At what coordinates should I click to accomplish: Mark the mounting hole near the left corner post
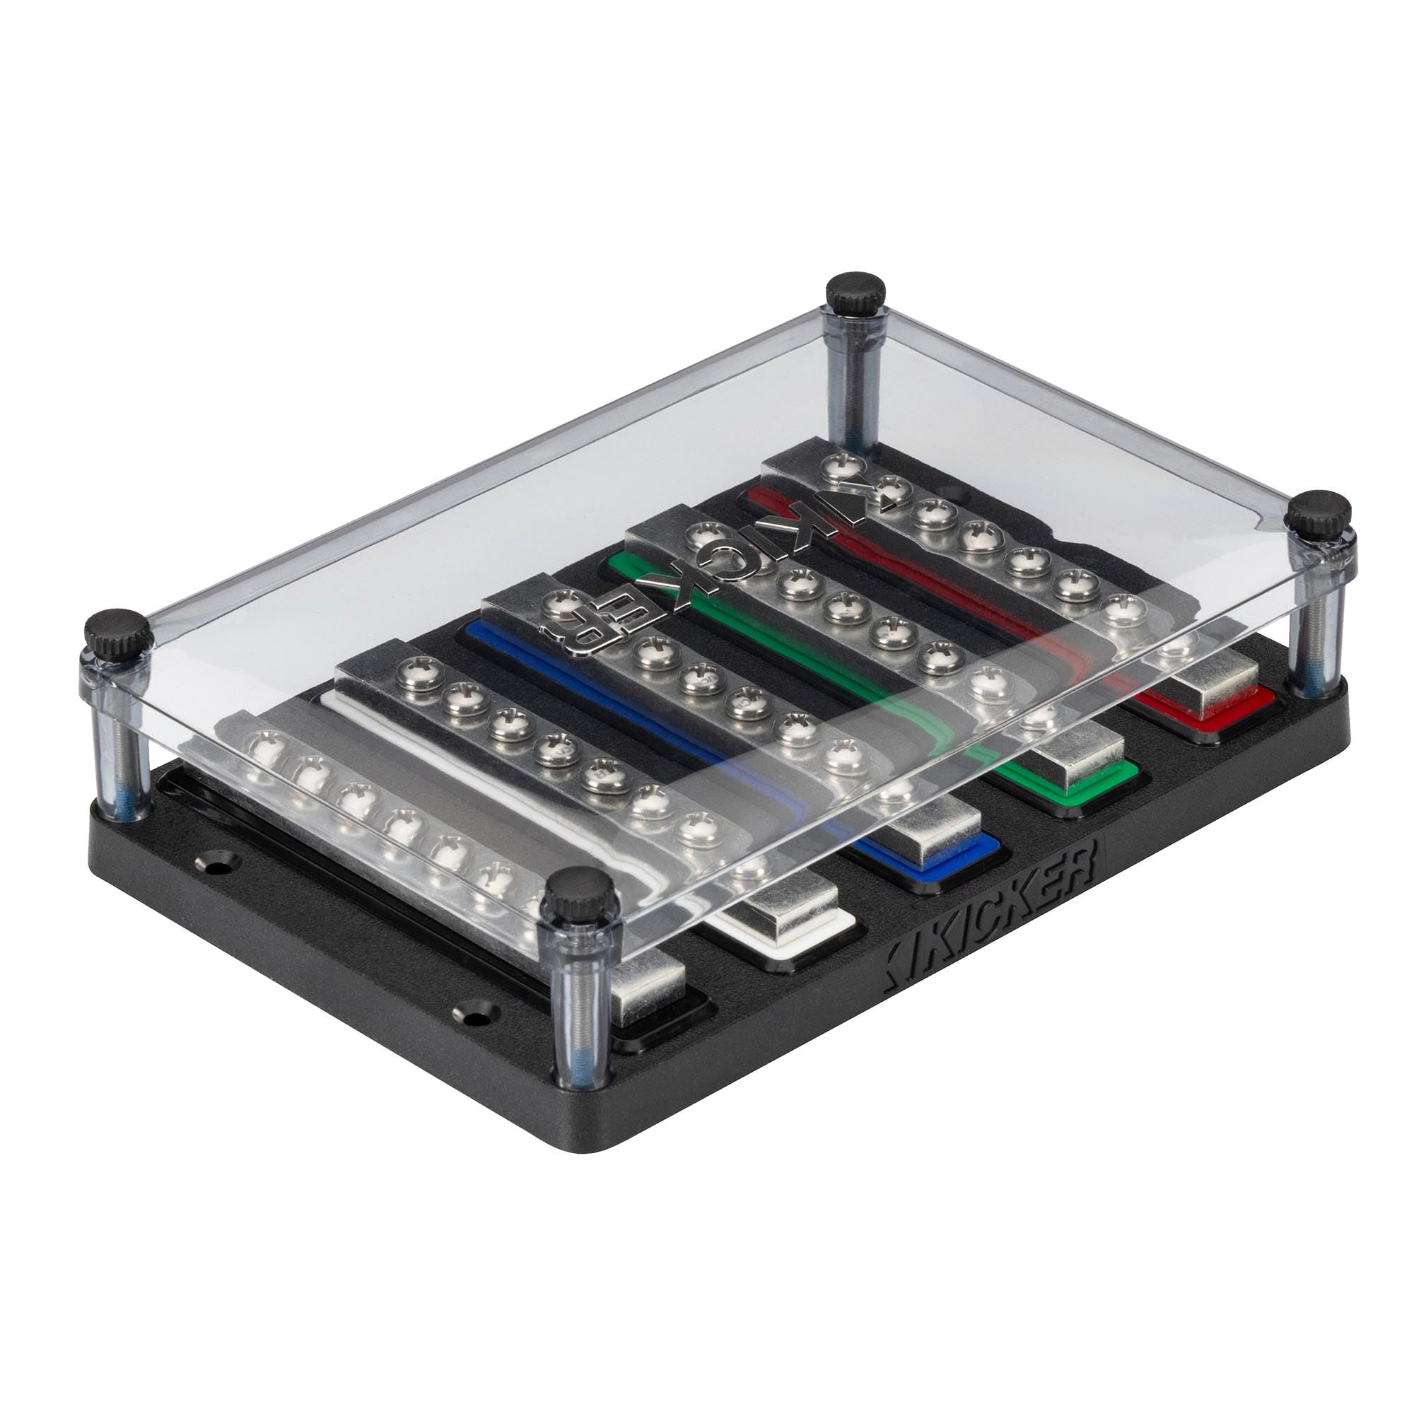point(214,869)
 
